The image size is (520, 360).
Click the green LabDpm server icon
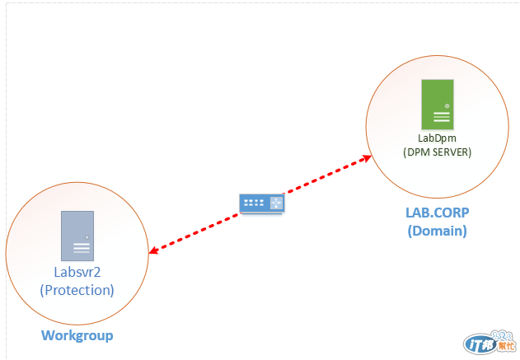point(436,102)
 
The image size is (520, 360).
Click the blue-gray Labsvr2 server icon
point(77,236)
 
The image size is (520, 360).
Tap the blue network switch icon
point(262,203)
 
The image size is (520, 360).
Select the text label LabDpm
point(437,138)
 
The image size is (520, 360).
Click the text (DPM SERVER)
point(437,152)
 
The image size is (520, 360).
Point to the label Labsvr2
point(77,274)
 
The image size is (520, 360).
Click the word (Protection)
point(77,290)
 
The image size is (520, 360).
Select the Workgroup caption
point(77,335)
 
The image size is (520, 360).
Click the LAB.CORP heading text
point(436,213)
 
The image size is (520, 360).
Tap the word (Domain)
point(437,231)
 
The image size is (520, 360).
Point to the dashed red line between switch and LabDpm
point(326,175)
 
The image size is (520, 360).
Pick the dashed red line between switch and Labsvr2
point(198,230)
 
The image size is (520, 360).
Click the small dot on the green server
point(447,106)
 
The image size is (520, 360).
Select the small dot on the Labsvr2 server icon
point(87,239)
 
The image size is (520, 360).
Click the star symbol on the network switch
point(276,203)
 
